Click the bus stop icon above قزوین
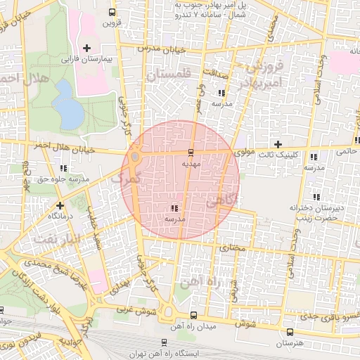pyautogui.click(x=112, y=12)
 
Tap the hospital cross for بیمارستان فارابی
pyautogui.click(x=86, y=49)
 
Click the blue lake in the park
pyautogui.click(x=67, y=105)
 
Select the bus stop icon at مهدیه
pyautogui.click(x=191, y=152)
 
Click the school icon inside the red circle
pyautogui.click(x=174, y=208)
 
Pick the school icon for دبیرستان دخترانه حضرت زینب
pyautogui.click(x=316, y=197)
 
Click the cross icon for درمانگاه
pyautogui.click(x=60, y=206)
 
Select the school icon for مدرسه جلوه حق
pyautogui.click(x=64, y=168)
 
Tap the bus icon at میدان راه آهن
pyautogui.click(x=194, y=315)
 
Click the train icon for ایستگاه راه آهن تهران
pyautogui.click(x=164, y=343)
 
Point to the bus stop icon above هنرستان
pyautogui.click(x=290, y=332)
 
